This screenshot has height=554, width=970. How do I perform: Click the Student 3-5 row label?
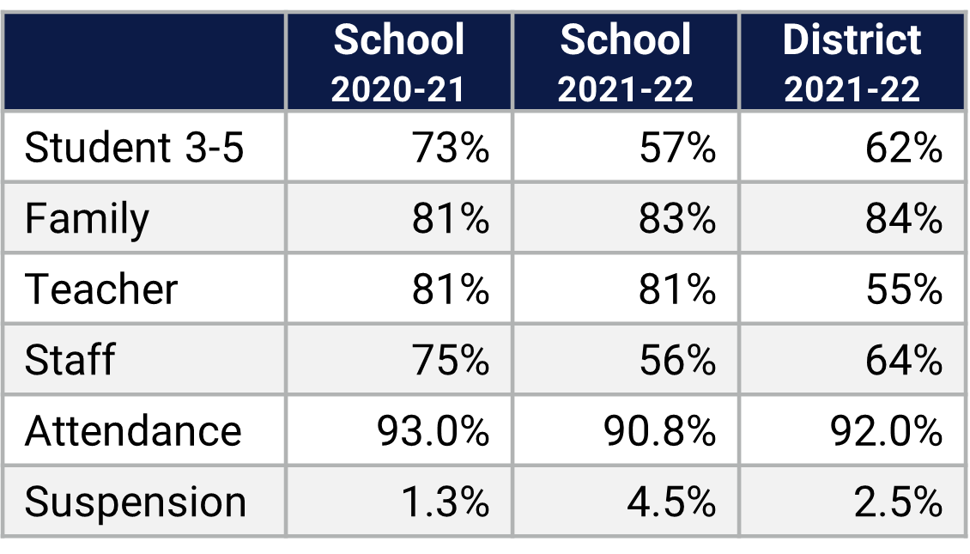(135, 148)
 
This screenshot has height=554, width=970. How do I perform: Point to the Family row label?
(87, 218)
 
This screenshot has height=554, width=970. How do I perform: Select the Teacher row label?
(101, 289)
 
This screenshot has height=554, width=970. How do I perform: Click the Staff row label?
(70, 359)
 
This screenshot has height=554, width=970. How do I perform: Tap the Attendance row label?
(133, 430)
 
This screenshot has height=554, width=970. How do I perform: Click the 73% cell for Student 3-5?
(450, 148)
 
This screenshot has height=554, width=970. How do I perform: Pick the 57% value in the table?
(676, 148)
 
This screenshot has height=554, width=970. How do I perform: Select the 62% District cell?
(903, 148)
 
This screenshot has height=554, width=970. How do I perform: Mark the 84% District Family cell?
(903, 218)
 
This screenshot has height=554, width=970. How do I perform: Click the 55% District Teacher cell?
(903, 289)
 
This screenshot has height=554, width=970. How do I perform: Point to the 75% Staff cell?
(450, 359)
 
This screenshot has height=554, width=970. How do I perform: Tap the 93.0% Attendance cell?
(433, 430)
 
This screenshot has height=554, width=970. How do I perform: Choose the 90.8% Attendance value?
(659, 430)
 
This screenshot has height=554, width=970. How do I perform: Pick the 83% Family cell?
(676, 218)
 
